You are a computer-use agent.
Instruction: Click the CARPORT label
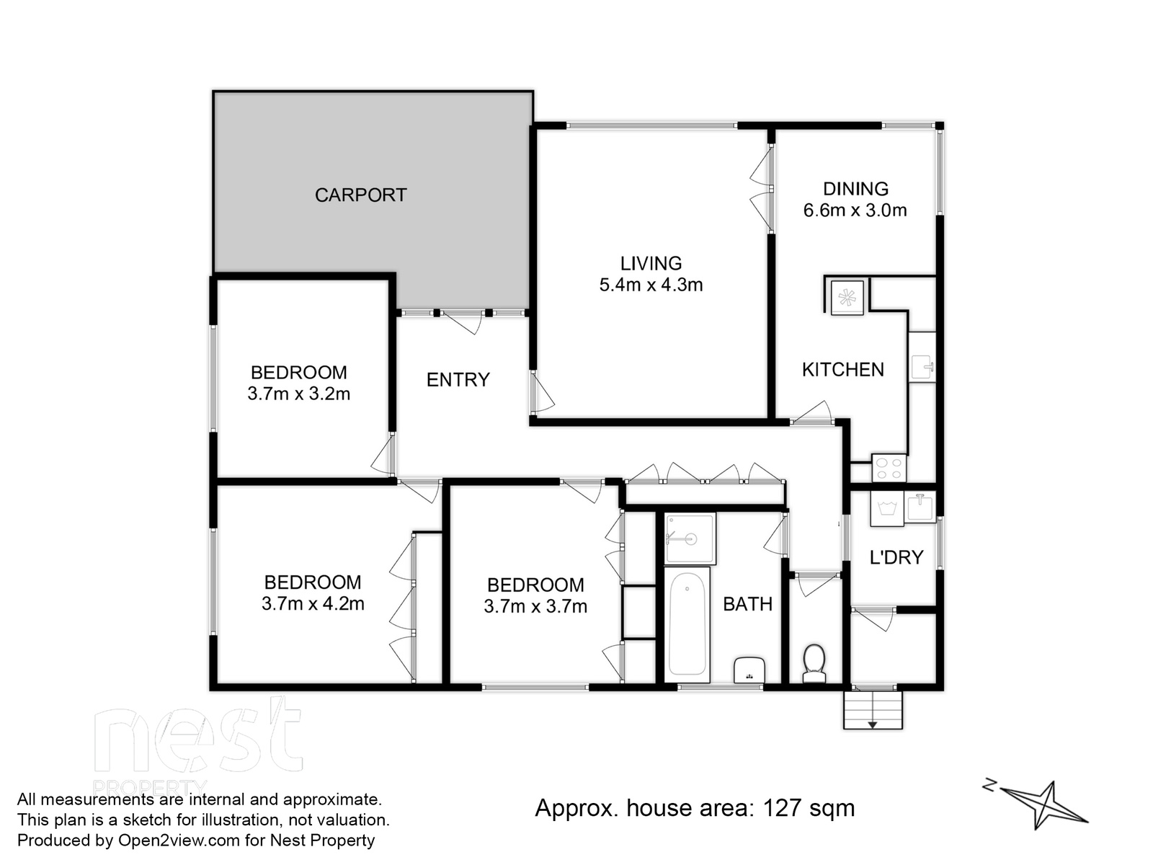[x=360, y=195]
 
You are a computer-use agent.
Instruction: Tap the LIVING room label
[x=651, y=263]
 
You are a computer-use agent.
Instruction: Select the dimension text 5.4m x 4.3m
[x=651, y=285]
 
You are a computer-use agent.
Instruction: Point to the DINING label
[x=855, y=189]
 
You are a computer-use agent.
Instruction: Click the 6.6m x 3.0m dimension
[x=855, y=210]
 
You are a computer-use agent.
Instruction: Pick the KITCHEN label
[x=843, y=370]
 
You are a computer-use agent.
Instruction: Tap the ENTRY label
[x=458, y=380]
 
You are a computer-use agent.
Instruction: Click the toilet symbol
[x=814, y=665]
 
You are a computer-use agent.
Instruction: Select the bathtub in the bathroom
[x=687, y=624]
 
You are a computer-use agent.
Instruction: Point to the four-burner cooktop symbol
[x=889, y=468]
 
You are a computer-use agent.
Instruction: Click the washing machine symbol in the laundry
[x=886, y=509]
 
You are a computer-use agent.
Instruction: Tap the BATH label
[x=747, y=604]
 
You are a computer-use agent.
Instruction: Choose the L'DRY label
[x=896, y=557]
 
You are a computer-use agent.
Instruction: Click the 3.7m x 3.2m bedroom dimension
[x=299, y=394]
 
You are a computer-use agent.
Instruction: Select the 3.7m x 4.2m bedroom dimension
[x=313, y=604]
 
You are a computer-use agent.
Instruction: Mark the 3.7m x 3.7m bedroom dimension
[x=535, y=607]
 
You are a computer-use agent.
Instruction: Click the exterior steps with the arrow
[x=873, y=710]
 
